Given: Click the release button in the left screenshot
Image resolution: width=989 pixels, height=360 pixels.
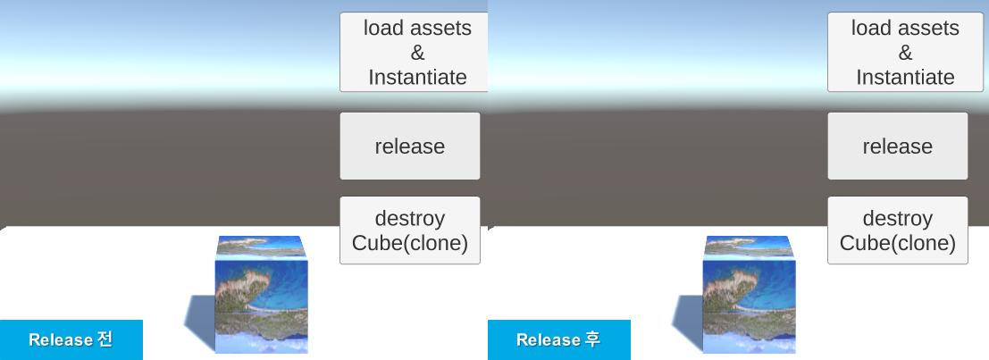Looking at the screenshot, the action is pos(410,146).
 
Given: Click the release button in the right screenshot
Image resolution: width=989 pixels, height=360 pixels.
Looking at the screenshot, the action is pos(897,146).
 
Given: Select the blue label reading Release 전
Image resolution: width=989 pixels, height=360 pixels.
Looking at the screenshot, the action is pos(71,339).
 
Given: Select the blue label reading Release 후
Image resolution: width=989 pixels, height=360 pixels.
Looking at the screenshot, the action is pos(559,339).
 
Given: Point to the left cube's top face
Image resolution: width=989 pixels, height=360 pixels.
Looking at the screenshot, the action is pos(261,246).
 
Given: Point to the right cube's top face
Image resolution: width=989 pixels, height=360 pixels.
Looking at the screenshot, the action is pos(749,246).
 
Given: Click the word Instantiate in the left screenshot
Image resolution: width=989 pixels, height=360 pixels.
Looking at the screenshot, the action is pos(417,78).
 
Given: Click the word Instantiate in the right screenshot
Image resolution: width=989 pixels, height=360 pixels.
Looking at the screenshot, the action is pos(905,78).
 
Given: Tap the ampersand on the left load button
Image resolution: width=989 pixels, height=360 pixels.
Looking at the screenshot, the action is pos(417,53).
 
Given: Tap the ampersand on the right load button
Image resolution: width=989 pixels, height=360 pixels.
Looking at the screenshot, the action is pos(905,53).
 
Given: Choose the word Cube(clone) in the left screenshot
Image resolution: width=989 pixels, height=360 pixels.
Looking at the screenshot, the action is pos(410,243).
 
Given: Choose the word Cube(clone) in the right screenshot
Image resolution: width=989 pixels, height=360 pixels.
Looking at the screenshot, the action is pos(898,243).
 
